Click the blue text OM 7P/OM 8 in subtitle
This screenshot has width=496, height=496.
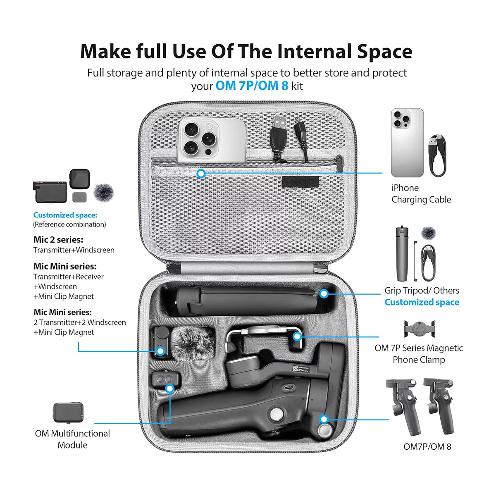(252, 86)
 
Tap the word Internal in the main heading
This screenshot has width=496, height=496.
(315, 52)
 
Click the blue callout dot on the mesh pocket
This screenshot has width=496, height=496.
(201, 174)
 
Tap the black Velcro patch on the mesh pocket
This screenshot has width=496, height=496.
(300, 181)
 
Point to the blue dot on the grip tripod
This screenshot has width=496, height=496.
(324, 294)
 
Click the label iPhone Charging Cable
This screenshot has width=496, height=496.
(421, 193)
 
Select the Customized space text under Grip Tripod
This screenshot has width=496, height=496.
(422, 302)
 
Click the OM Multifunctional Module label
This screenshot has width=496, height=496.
(72, 439)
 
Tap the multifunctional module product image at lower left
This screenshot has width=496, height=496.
(68, 412)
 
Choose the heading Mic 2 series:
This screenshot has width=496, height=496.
(58, 240)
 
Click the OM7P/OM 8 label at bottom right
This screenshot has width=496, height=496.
(427, 446)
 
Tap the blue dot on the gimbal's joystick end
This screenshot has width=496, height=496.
(324, 420)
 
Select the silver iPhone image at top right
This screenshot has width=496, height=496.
(407, 143)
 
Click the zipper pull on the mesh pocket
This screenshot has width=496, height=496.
(340, 163)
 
